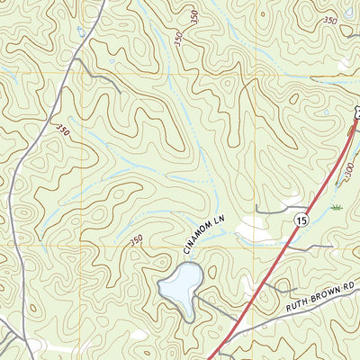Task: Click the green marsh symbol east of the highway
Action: point(336,207)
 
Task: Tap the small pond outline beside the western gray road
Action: point(83,31)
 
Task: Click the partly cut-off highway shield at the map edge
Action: point(356,112)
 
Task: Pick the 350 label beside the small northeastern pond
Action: point(330,20)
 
